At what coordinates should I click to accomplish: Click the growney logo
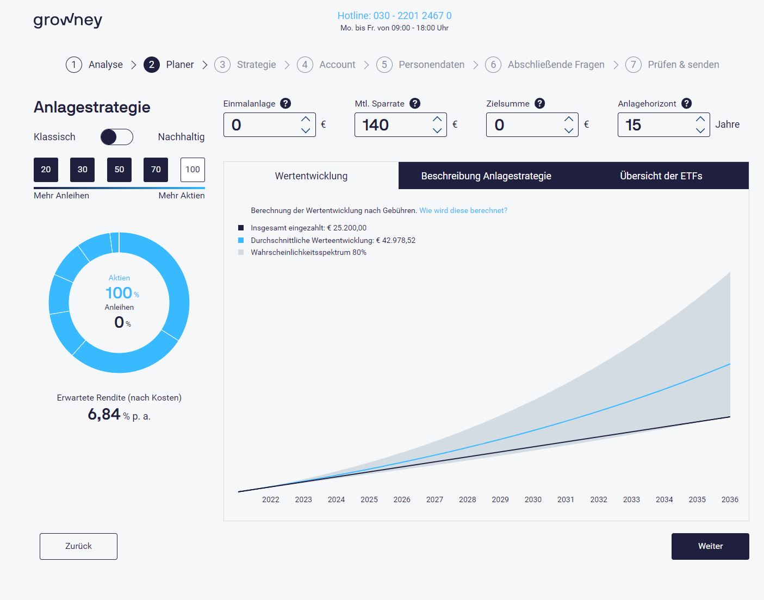coord(67,21)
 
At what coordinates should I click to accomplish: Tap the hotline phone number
coord(394,16)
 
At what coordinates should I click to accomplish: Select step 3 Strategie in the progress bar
coord(245,65)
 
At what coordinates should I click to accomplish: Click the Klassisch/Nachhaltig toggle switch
coord(117,137)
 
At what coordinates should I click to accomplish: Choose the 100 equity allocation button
coord(192,170)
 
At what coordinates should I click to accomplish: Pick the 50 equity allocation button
coord(119,170)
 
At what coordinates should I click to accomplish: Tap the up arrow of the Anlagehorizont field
coord(700,119)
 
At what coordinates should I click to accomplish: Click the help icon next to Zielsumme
coord(539,103)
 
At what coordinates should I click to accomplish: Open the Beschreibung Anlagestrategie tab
coord(486,176)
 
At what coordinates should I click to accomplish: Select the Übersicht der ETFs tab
coord(661,176)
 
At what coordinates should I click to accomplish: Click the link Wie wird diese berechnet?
coord(463,210)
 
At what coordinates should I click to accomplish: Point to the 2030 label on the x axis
coord(533,499)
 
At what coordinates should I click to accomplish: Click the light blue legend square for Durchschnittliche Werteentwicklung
coord(241,240)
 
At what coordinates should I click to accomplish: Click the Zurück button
coord(78,546)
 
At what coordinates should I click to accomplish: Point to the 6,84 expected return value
coord(104,415)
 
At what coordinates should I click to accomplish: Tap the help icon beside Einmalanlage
coord(285,103)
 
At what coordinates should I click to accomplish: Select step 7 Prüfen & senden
coord(672,65)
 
